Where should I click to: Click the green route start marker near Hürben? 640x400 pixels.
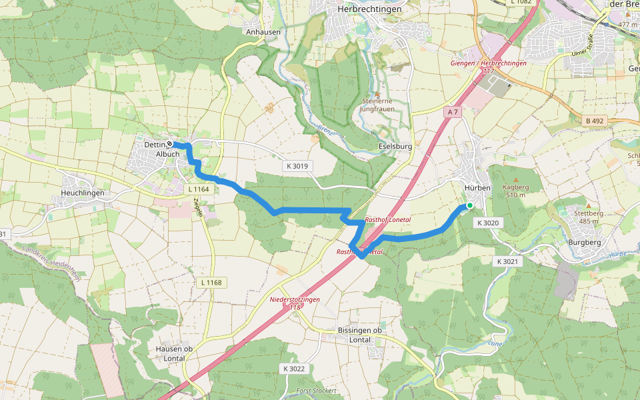coord(469,205)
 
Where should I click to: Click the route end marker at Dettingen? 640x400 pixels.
coord(170,144)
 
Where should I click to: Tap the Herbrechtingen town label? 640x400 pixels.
coord(369,9)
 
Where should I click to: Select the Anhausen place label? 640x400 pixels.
coord(263,31)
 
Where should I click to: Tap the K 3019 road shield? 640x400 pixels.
coord(297,165)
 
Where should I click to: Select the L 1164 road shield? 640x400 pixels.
coord(199,190)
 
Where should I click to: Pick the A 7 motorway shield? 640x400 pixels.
coord(453,112)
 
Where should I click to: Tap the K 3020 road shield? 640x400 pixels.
coord(488,223)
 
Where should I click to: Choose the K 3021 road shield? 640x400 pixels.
coord(507,262)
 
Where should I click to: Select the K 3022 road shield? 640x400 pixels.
coord(293,369)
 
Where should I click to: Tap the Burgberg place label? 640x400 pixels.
coord(585,243)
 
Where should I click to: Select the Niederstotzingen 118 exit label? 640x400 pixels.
coord(295,303)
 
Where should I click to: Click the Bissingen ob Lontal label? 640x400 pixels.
coord(359,335)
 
